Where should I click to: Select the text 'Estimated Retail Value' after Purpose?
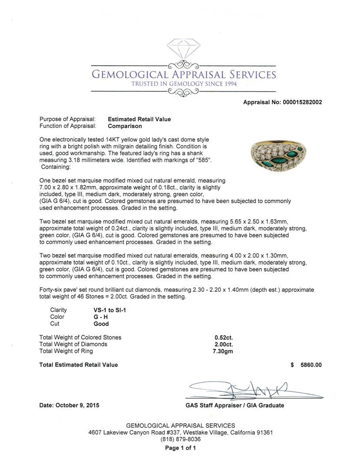pyautogui.click(x=139, y=119)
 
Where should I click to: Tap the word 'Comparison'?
pyautogui.click(x=125, y=126)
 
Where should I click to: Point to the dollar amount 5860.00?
pyautogui.click(x=311, y=365)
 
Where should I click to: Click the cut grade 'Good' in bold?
pyautogui.click(x=101, y=324)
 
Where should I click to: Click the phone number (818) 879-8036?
pyautogui.click(x=180, y=439)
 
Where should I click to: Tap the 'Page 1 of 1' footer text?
pyautogui.click(x=180, y=448)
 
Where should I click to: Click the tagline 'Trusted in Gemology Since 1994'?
pyautogui.click(x=184, y=84)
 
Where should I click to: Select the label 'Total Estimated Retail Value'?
pyautogui.click(x=79, y=365)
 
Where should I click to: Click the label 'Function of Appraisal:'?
pyautogui.click(x=68, y=126)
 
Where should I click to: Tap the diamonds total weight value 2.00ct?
pyautogui.click(x=224, y=344)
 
